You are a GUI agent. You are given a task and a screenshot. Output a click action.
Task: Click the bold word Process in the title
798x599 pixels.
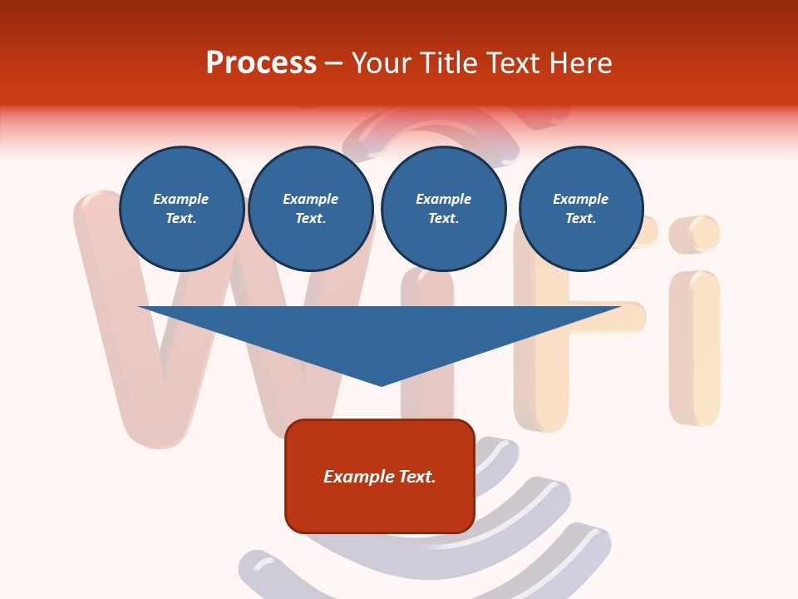[x=261, y=63]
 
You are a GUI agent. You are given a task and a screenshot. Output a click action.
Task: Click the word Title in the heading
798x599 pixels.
[x=449, y=63]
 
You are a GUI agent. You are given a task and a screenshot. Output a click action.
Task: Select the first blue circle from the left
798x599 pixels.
[x=181, y=209]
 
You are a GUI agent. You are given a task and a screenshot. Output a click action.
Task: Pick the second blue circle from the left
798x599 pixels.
[x=310, y=209]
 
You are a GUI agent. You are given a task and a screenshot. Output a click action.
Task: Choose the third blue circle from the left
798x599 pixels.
[x=443, y=209]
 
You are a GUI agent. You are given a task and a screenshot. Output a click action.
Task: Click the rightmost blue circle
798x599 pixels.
[x=580, y=209]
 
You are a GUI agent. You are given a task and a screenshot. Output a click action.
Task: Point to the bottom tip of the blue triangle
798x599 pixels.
[x=381, y=384]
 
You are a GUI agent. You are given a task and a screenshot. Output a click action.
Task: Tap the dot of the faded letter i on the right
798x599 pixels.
[x=693, y=234]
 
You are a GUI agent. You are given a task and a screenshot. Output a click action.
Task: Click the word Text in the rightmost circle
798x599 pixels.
[x=580, y=219]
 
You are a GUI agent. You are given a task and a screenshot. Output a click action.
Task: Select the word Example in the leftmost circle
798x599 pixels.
[x=181, y=199]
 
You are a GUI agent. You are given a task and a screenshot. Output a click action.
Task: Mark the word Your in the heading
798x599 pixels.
[x=381, y=63]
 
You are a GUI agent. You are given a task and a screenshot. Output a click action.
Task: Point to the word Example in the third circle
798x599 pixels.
[x=443, y=199]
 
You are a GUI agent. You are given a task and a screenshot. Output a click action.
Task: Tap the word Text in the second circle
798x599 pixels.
[x=310, y=219]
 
